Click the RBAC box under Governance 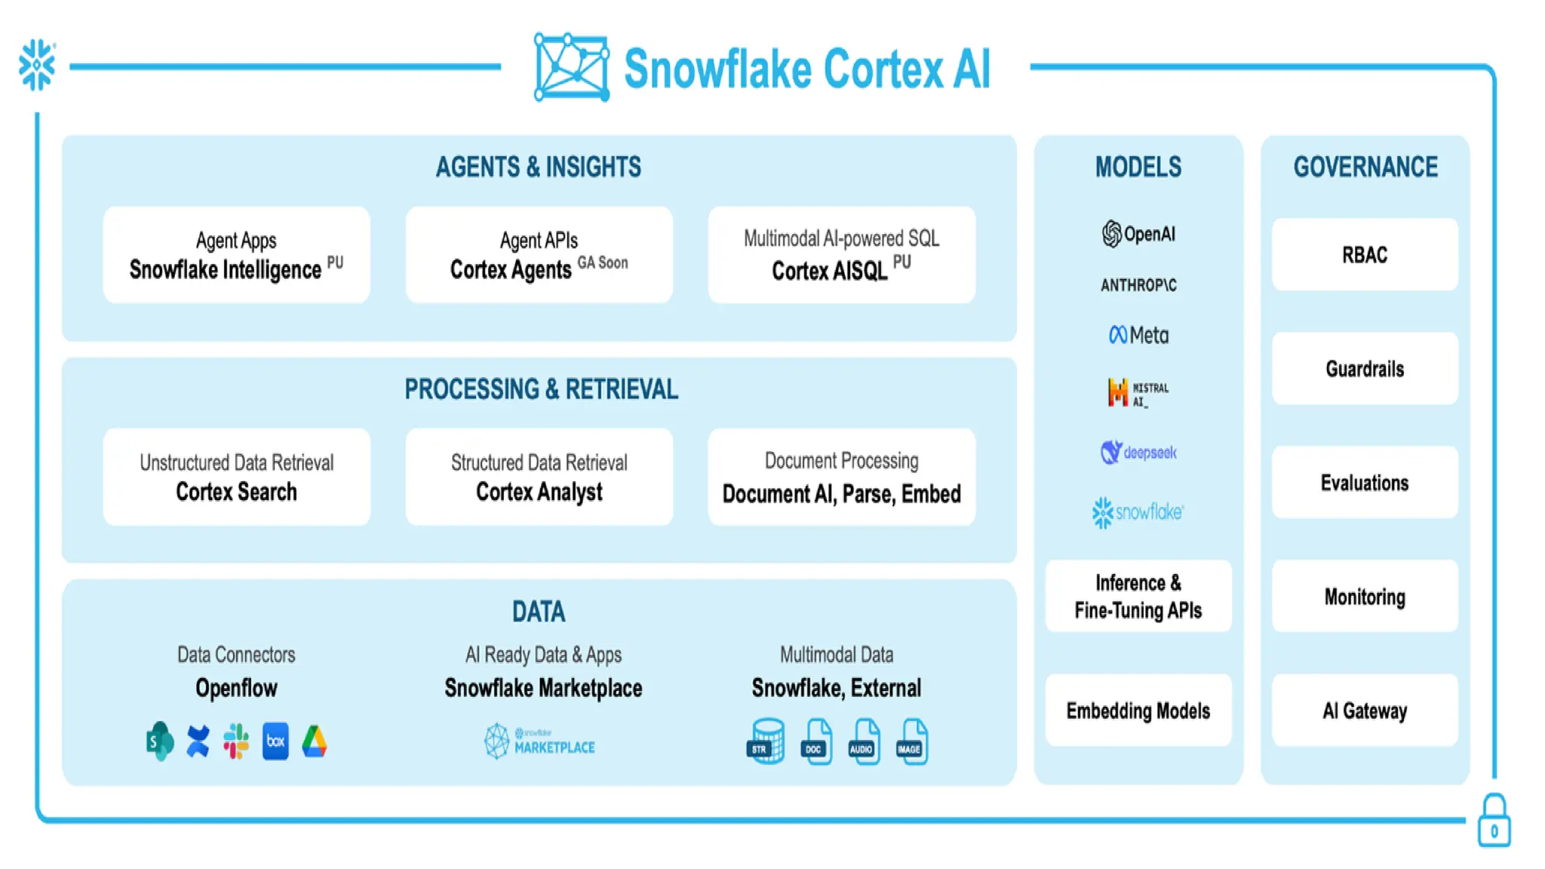[x=1364, y=255]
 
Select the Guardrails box [x=1364, y=369]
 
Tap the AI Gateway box [x=1364, y=711]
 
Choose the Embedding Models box [x=1138, y=711]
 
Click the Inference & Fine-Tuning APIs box [x=1138, y=596]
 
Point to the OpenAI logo [x=1138, y=234]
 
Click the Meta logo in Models [x=1138, y=335]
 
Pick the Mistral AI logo [x=1138, y=393]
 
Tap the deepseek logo [x=1138, y=453]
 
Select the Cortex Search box [x=236, y=477]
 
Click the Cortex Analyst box [x=539, y=477]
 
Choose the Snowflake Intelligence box [x=236, y=255]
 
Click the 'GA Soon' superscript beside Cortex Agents [x=602, y=263]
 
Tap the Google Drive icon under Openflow [x=315, y=742]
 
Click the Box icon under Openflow [x=275, y=742]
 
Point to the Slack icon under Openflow [x=236, y=742]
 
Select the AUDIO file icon [x=863, y=742]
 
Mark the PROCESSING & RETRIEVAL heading [x=541, y=389]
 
